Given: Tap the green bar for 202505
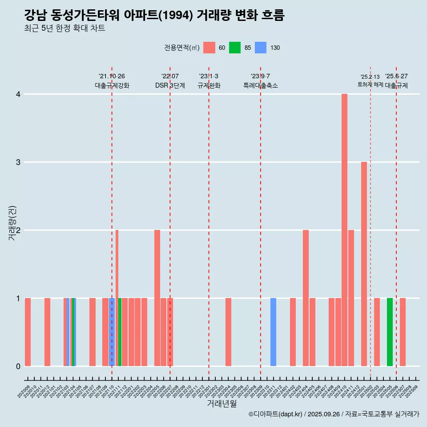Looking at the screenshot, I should click(390, 332).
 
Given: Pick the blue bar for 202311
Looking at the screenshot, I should click(273, 332).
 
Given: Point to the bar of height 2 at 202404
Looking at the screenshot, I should click(306, 298).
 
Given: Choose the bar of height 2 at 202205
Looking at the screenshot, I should click(157, 298).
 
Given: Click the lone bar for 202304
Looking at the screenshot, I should click(228, 332).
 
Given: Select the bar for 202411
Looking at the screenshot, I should click(351, 298).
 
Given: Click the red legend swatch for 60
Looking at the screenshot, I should click(209, 48).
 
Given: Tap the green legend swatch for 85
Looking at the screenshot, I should click(235, 48).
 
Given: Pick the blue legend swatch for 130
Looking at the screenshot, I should click(261, 48).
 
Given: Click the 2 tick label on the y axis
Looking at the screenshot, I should click(18, 230).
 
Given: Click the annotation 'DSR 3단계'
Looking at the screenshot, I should click(170, 85).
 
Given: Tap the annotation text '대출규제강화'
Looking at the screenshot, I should click(112, 85).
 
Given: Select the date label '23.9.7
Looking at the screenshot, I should click(260, 76).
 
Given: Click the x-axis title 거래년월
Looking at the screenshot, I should click(222, 404).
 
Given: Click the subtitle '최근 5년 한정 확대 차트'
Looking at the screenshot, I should click(64, 28).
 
